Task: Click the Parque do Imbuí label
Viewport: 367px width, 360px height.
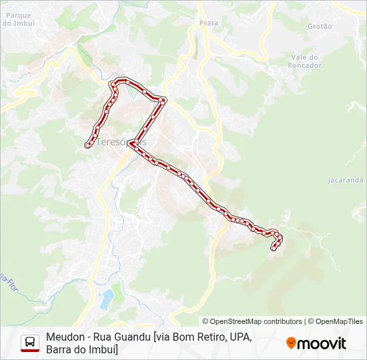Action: pyautogui.click(x=18, y=19)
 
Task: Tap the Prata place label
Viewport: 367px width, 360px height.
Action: pyautogui.click(x=209, y=23)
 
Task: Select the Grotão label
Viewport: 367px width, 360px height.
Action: pyautogui.click(x=320, y=26)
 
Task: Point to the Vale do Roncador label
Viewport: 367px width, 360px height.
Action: pyautogui.click(x=305, y=61)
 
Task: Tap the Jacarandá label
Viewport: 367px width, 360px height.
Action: pyautogui.click(x=346, y=180)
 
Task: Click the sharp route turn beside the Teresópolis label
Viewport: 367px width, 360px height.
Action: pyautogui.click(x=132, y=143)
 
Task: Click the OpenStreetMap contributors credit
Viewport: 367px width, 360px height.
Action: pyautogui.click(x=252, y=321)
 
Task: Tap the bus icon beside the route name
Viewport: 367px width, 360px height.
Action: pyautogui.click(x=30, y=343)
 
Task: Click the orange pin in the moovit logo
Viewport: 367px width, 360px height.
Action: pyautogui.click(x=291, y=343)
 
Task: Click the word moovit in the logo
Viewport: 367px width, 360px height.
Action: pyautogui.click(x=322, y=343)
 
